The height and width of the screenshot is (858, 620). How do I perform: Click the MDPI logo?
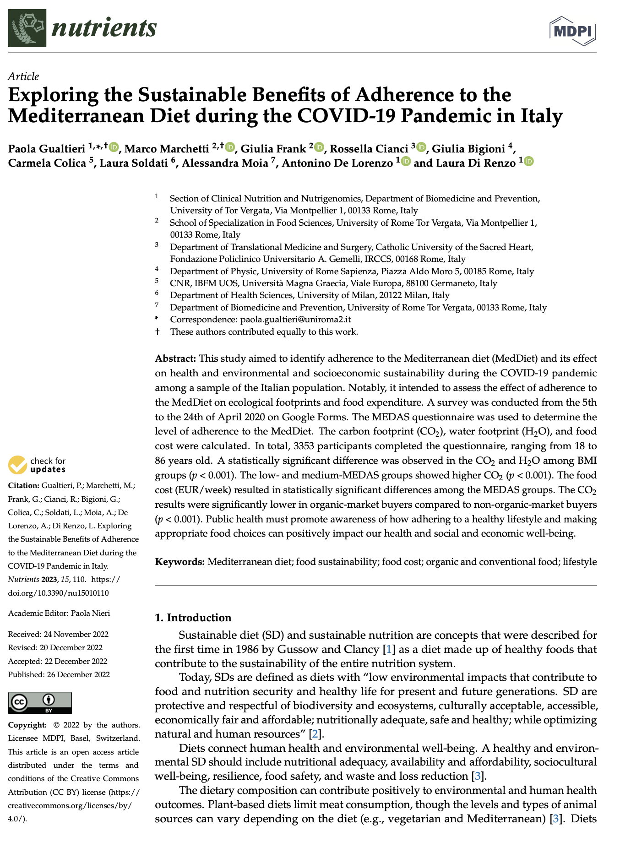coord(572,30)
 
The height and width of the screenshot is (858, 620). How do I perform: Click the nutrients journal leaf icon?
coord(27,28)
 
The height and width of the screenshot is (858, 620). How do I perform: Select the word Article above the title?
coord(23,76)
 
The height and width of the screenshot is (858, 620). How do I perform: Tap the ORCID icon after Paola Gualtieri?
coord(114,147)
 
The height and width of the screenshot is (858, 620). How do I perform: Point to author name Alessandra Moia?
coord(225,163)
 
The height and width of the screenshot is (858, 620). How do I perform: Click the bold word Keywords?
coord(179,562)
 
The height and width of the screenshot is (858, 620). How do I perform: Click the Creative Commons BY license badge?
coord(40,702)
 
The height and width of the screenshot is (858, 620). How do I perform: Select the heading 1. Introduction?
coord(193,618)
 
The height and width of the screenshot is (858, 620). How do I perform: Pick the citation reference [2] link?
coord(314,734)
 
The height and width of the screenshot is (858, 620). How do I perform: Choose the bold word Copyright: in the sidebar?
coord(27,725)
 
